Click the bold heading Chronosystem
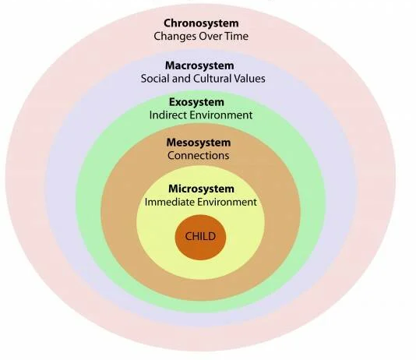point(201,23)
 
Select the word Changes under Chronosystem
point(175,37)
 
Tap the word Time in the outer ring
point(237,36)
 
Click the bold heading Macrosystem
point(199,65)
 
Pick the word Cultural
point(212,79)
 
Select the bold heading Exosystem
point(196,102)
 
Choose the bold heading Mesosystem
point(199,143)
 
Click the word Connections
point(198,156)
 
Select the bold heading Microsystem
point(201,189)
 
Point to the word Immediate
point(170,202)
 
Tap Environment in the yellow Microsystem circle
point(227,202)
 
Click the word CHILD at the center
point(200,236)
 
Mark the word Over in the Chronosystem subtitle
point(210,36)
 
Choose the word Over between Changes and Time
point(210,36)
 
